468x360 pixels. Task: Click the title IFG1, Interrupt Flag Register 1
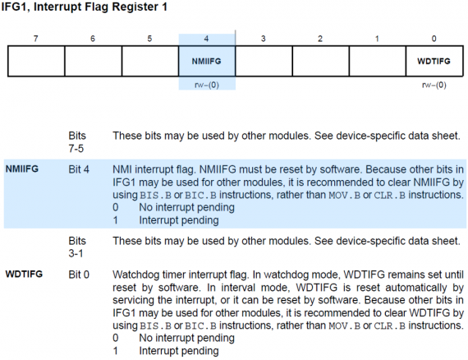coord(85,7)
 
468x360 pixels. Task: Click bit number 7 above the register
coord(36,39)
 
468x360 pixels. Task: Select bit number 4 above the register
coord(206,39)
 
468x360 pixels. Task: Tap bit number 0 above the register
coord(434,39)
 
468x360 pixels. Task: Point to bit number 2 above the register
coord(320,39)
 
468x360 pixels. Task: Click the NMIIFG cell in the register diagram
coord(207,61)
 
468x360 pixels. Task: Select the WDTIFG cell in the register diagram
coord(434,61)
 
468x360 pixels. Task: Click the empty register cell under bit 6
coord(93,61)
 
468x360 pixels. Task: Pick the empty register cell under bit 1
coord(378,61)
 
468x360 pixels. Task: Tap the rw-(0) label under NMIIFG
coord(207,85)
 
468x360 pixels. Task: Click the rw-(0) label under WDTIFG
coord(434,85)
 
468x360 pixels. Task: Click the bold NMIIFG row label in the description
coord(22,168)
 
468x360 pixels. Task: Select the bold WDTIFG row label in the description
coord(24,274)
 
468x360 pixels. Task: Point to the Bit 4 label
coord(79,169)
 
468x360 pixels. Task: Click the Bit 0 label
coord(79,275)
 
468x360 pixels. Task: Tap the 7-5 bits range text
coord(76,149)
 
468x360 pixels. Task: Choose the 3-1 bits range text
coord(76,254)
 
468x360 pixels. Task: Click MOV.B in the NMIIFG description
coord(345,195)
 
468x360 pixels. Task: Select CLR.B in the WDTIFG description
coord(390,325)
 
